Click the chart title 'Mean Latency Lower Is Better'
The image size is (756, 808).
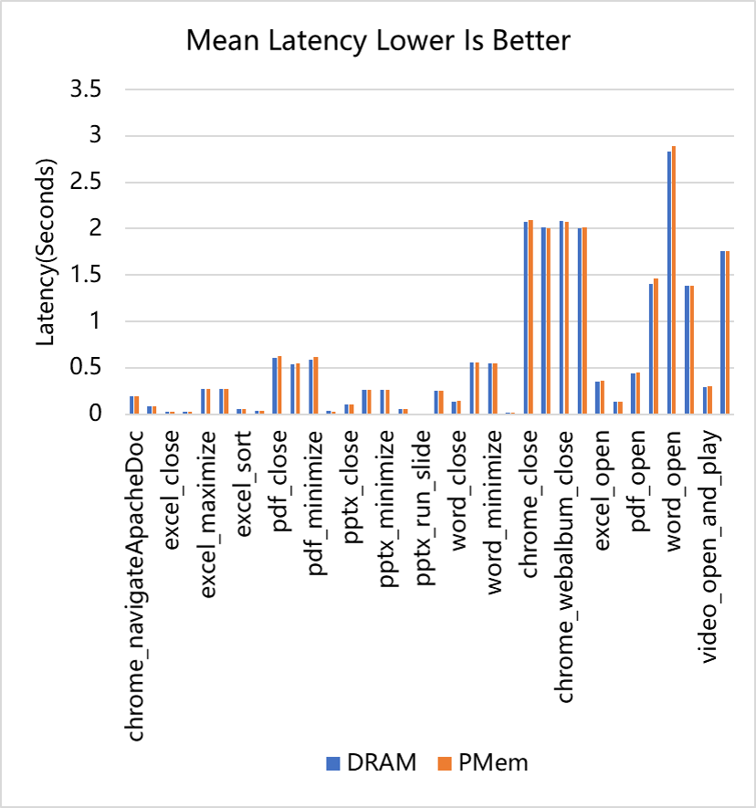click(378, 41)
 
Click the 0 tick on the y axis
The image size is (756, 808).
click(100, 414)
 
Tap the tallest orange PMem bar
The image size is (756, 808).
click(674, 279)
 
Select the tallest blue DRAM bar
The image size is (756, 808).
click(668, 282)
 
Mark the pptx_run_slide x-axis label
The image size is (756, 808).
click(422, 498)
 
